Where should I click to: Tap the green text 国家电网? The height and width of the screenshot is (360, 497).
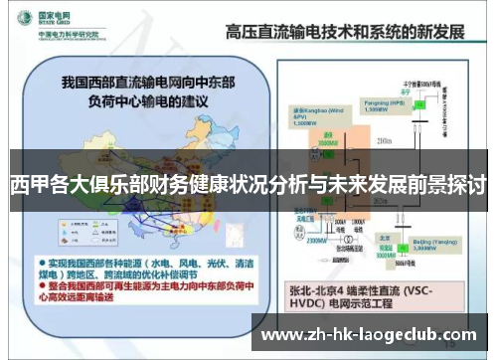57,14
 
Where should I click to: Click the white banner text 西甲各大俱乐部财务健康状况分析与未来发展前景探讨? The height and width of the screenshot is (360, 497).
248,185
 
